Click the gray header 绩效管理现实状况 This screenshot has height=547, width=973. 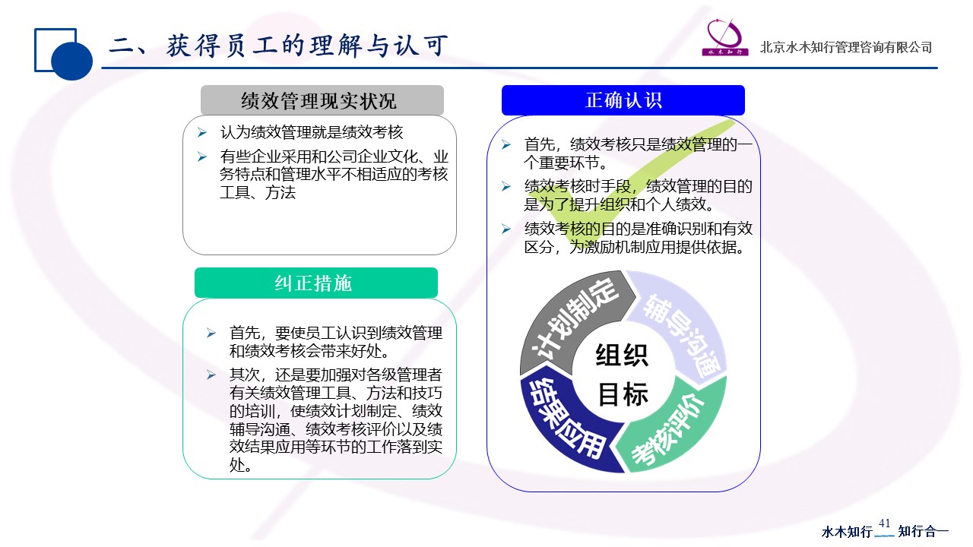(322, 100)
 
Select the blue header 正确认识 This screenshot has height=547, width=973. (623, 100)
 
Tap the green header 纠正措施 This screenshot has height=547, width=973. (315, 283)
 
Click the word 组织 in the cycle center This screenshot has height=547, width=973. (622, 355)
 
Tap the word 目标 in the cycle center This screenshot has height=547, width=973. (623, 394)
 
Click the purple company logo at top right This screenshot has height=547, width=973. (724, 37)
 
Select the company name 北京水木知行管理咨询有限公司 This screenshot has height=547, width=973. (846, 47)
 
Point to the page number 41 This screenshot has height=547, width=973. (884, 523)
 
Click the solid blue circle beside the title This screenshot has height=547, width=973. (71, 60)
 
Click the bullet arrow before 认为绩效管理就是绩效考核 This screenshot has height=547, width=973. (202, 132)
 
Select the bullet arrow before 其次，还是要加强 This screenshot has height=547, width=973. (211, 375)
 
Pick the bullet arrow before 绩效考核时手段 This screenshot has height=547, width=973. (506, 186)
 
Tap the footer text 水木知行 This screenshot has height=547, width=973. (847, 531)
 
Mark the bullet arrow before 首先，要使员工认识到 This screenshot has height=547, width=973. (211, 333)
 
